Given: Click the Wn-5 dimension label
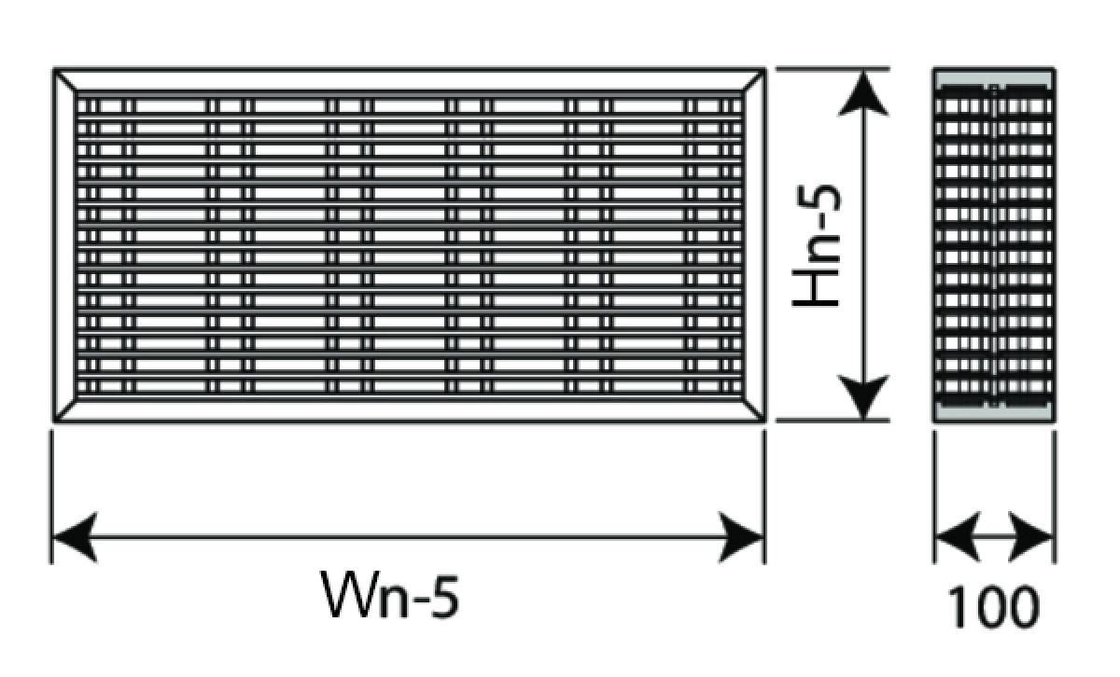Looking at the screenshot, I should point(391,594).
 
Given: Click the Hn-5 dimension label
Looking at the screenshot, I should point(818,244).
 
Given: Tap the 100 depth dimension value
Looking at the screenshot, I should point(993,606).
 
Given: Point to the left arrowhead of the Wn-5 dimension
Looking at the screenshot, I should point(73,538).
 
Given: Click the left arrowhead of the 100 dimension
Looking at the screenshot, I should point(952,538).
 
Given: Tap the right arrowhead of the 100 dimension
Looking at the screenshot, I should point(1037,538).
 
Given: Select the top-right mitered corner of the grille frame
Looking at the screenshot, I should point(754,80).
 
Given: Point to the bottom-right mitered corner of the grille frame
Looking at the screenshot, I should point(754,410).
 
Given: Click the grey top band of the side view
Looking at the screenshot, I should point(994,76).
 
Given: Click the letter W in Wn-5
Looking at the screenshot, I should point(351,594).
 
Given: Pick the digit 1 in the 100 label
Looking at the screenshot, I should point(958,606).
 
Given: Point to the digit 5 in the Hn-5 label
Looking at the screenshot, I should point(819,200).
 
